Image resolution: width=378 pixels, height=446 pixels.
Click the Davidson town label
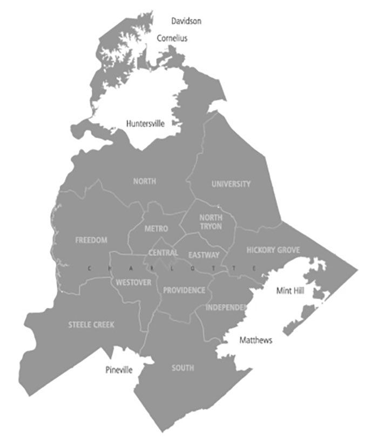click(x=186, y=21)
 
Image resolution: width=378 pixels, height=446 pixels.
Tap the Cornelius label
click(x=172, y=38)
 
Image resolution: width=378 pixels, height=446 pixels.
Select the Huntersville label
click(x=145, y=124)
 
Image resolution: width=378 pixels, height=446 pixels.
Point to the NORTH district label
click(x=145, y=181)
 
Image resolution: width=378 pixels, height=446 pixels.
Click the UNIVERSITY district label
click(x=231, y=184)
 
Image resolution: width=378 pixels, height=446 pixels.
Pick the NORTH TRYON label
click(x=211, y=222)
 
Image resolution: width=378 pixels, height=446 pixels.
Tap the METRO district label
click(x=156, y=229)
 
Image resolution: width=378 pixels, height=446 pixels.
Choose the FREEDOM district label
click(x=91, y=240)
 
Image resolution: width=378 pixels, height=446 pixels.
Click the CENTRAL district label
click(x=163, y=253)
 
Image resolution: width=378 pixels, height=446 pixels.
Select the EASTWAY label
click(x=204, y=255)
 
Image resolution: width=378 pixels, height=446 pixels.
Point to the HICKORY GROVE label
click(x=273, y=250)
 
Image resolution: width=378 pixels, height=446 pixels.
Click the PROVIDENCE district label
click(x=184, y=290)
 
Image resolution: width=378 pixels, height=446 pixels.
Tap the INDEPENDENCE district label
click(x=226, y=307)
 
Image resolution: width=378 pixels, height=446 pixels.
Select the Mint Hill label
click(x=291, y=291)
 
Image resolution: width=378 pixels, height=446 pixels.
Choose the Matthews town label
click(x=256, y=341)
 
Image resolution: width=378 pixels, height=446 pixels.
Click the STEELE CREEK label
click(x=91, y=325)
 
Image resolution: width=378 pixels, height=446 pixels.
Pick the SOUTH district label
click(x=183, y=368)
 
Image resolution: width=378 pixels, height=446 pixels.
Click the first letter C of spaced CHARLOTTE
click(x=89, y=268)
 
